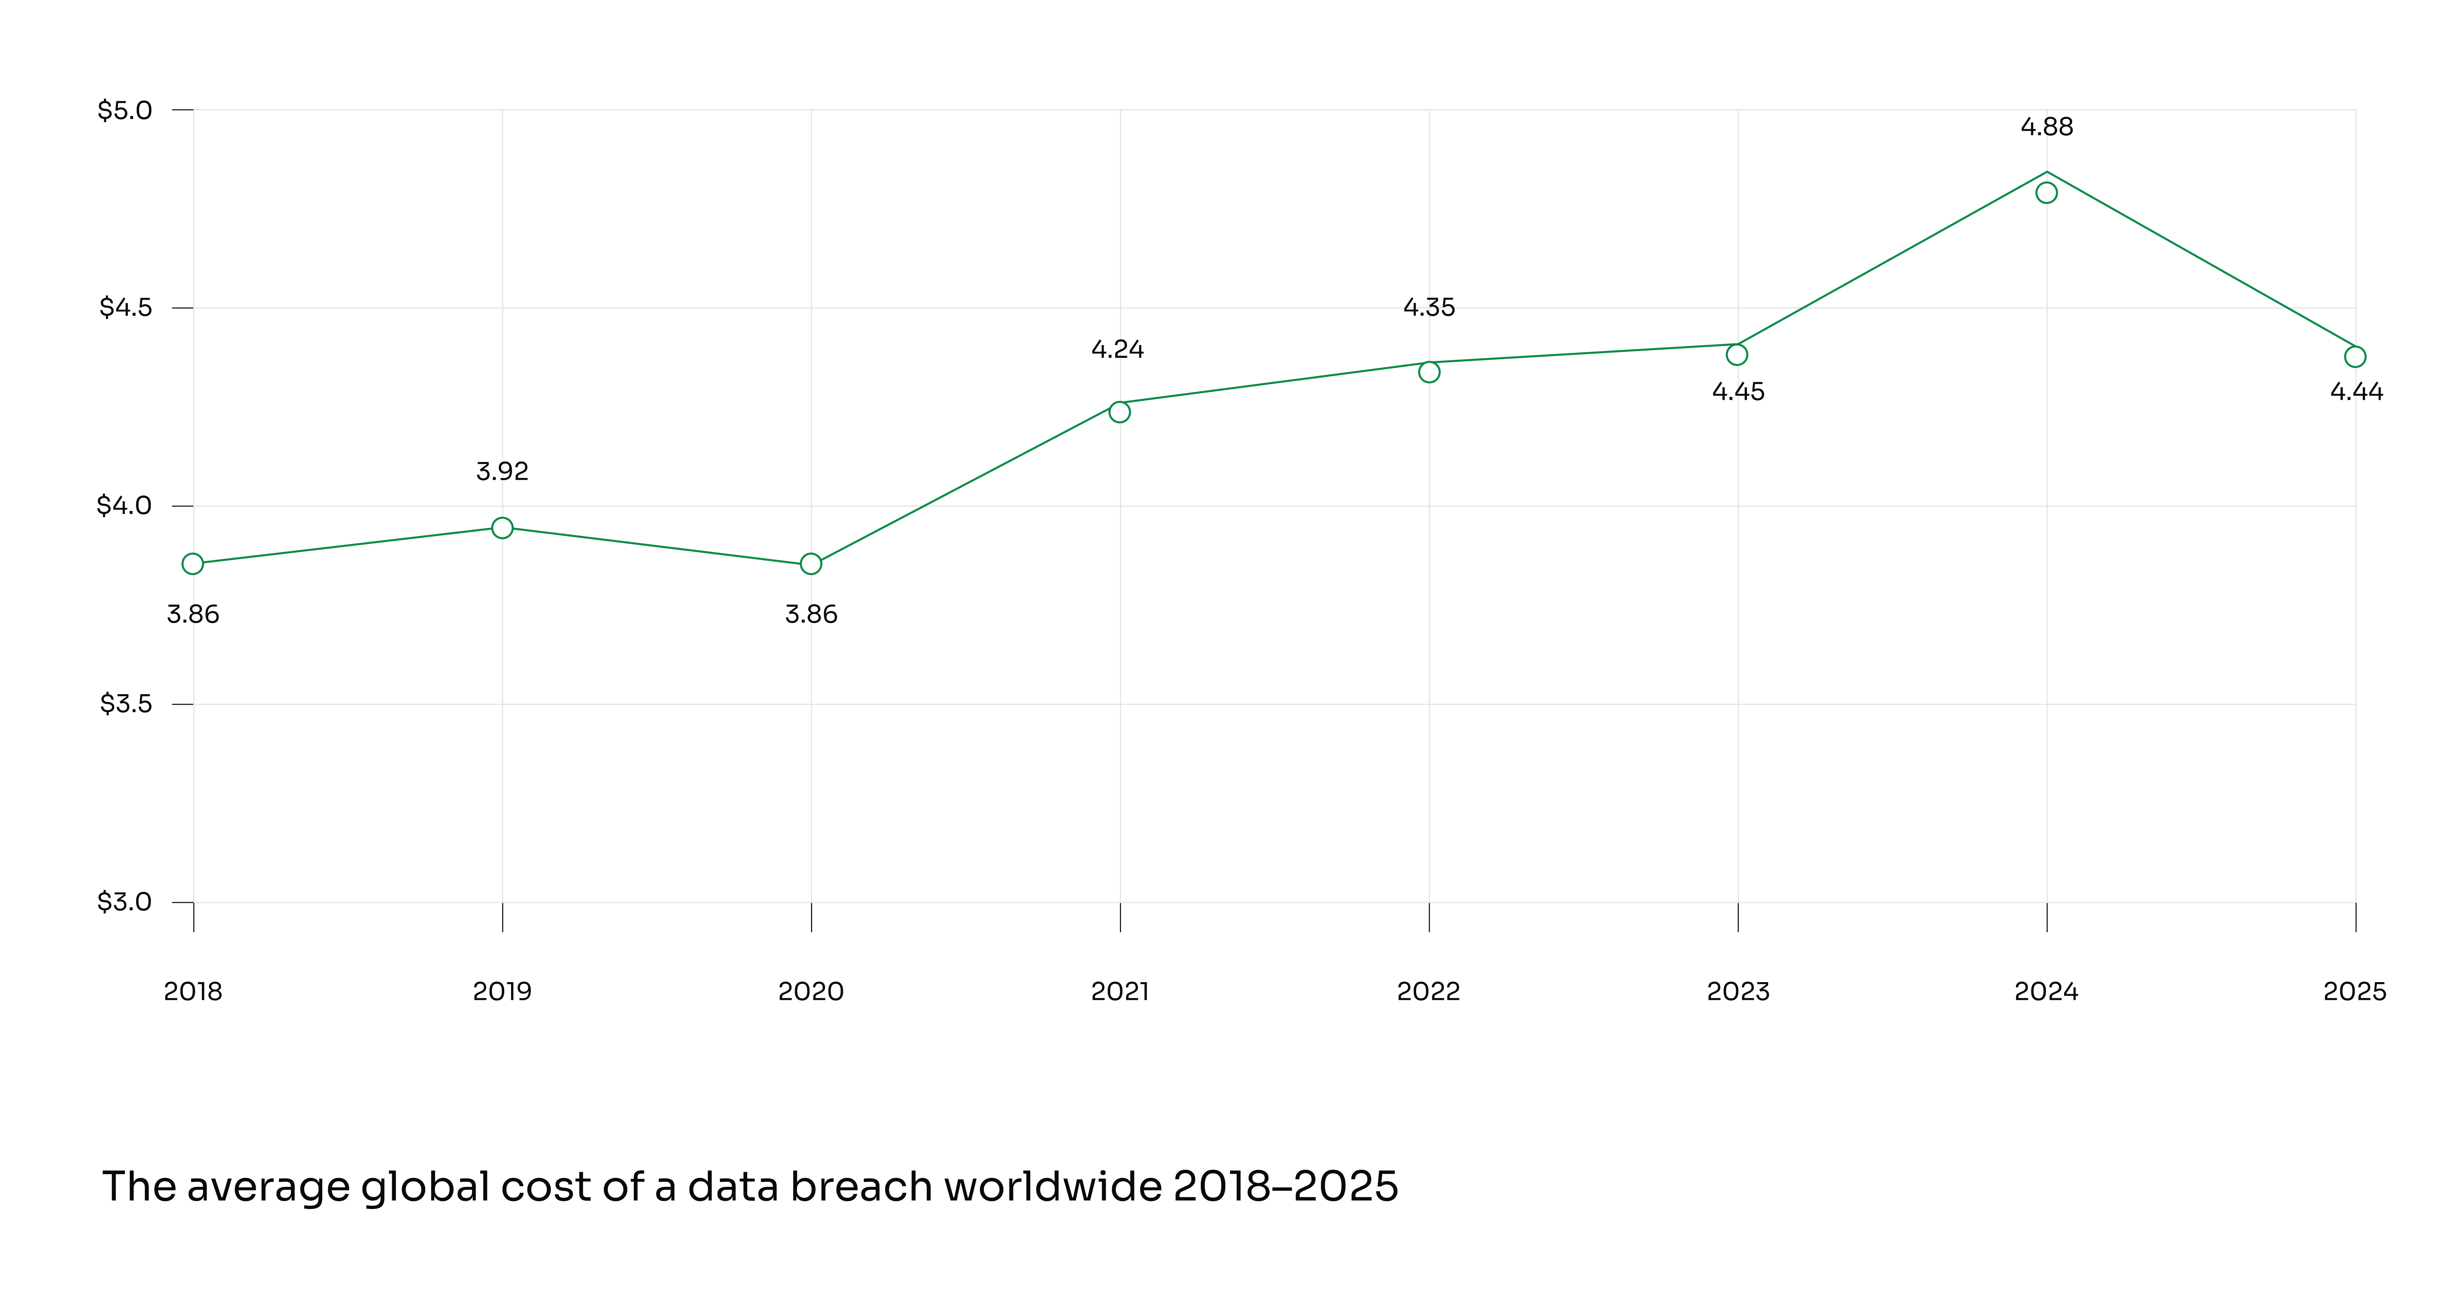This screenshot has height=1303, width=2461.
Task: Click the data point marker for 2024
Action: [2046, 193]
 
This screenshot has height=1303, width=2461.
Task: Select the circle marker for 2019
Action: [502, 528]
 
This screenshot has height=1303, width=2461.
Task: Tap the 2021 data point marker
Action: [1120, 412]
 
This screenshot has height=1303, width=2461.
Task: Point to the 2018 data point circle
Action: [193, 564]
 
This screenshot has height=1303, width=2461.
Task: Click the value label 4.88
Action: [2046, 127]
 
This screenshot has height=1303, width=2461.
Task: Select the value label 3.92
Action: [502, 471]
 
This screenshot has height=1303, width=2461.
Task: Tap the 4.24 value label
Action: [1118, 350]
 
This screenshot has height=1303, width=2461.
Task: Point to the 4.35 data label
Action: [1429, 308]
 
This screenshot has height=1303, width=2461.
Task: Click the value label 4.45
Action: [1738, 392]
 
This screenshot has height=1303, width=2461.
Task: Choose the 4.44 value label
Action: [2356, 392]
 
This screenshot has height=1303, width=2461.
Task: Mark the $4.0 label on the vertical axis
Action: [124, 505]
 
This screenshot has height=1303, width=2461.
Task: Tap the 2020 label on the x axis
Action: [811, 992]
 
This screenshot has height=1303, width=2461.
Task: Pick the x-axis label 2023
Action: [1738, 992]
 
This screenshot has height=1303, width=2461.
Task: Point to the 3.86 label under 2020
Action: [811, 614]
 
